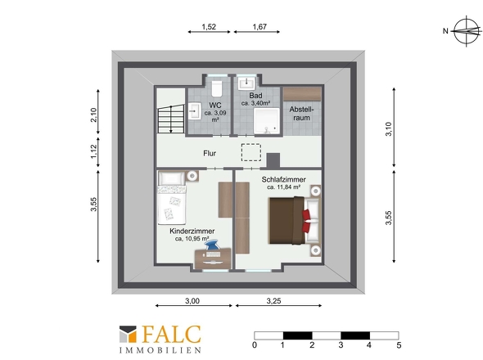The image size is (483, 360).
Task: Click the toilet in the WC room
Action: point(217,88)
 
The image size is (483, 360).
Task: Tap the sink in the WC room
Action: point(195,110)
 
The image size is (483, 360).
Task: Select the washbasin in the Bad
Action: point(247,82)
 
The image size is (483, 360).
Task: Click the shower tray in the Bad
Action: point(267,121)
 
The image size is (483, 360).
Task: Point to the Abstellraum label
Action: point(301,114)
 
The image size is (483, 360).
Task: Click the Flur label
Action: point(210,153)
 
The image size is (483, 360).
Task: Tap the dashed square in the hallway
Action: point(251,152)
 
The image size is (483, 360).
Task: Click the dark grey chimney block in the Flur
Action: point(273,160)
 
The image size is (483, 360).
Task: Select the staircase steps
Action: point(170,119)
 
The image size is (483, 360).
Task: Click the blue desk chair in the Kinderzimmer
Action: point(213,245)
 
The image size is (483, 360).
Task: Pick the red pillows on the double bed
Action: point(306,221)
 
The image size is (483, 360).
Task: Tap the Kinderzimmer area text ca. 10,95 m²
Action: point(192,238)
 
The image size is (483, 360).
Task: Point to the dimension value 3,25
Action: point(274,300)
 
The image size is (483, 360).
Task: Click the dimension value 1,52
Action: point(209,27)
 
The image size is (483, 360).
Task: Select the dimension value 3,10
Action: point(389,128)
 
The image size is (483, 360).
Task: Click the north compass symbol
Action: point(467,31)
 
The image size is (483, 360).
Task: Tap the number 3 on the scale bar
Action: point(341,345)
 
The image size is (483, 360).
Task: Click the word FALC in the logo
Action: point(172,335)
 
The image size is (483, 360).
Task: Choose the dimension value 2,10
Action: point(93,115)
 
